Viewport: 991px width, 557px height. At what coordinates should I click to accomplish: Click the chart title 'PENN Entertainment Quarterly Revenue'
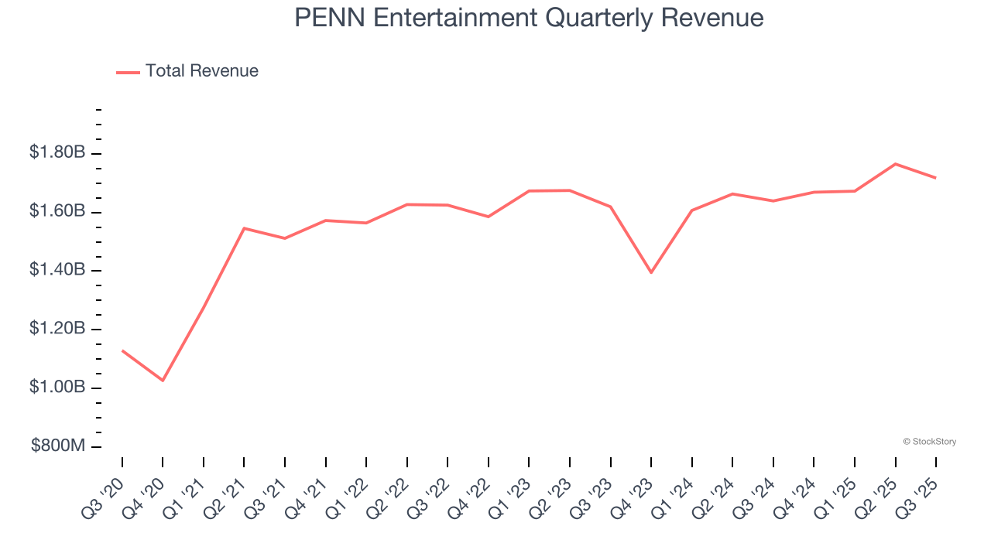tap(529, 18)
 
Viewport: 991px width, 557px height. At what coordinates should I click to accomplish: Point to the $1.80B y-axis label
tap(57, 152)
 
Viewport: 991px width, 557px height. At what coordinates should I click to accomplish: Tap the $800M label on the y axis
tap(58, 446)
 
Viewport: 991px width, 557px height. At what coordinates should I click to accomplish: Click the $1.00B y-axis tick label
tap(57, 387)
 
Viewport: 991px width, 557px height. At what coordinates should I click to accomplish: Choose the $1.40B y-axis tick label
tap(57, 270)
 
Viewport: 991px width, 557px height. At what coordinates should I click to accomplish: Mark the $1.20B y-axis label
tap(57, 329)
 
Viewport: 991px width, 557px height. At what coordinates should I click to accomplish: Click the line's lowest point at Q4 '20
tap(163, 381)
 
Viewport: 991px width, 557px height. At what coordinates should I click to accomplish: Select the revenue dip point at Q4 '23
tap(651, 272)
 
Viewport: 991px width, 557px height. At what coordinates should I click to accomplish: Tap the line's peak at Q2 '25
tap(895, 164)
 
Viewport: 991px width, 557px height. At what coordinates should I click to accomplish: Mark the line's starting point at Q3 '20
tap(122, 350)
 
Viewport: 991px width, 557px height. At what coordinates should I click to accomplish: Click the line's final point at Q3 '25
tap(936, 178)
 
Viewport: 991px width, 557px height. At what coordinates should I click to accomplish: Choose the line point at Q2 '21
tap(244, 228)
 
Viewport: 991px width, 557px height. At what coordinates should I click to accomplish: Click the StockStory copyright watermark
tap(929, 442)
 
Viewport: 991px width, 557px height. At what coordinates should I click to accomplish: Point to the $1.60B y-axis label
tap(57, 211)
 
